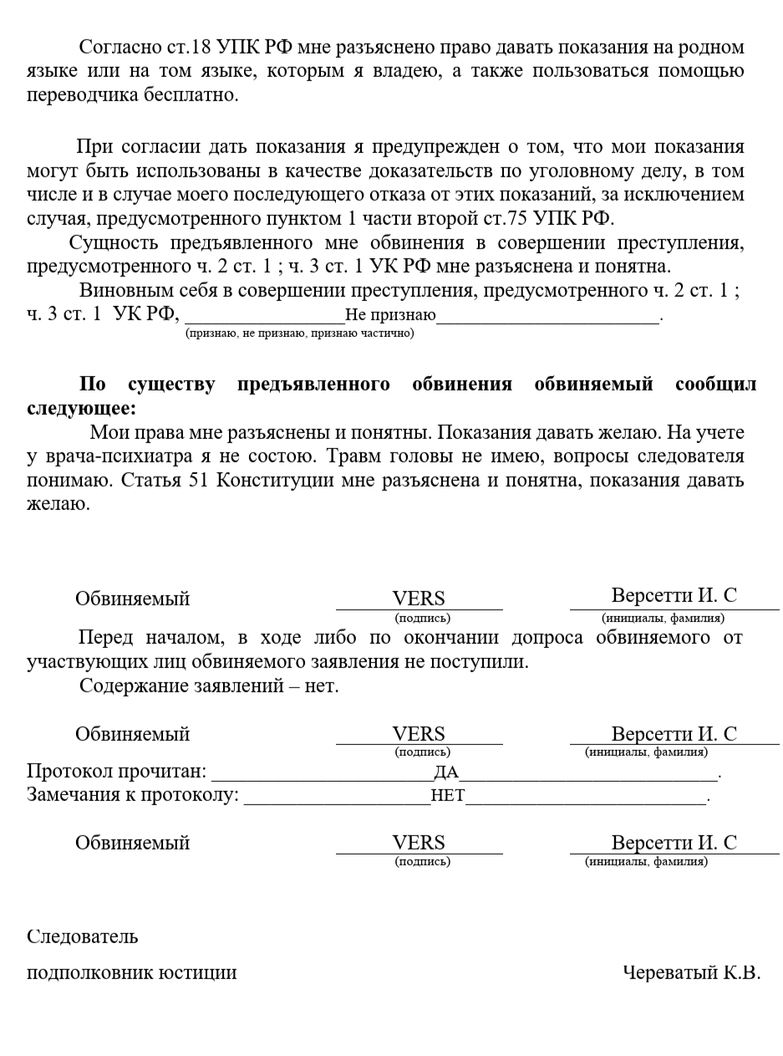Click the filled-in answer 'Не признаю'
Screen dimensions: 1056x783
click(390, 317)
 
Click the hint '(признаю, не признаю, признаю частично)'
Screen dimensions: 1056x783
click(299, 333)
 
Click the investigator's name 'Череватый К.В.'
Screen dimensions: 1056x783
click(691, 972)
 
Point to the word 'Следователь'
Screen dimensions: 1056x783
click(82, 936)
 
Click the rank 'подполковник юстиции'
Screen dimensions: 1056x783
click(131, 972)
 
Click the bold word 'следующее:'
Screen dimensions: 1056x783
click(80, 409)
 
